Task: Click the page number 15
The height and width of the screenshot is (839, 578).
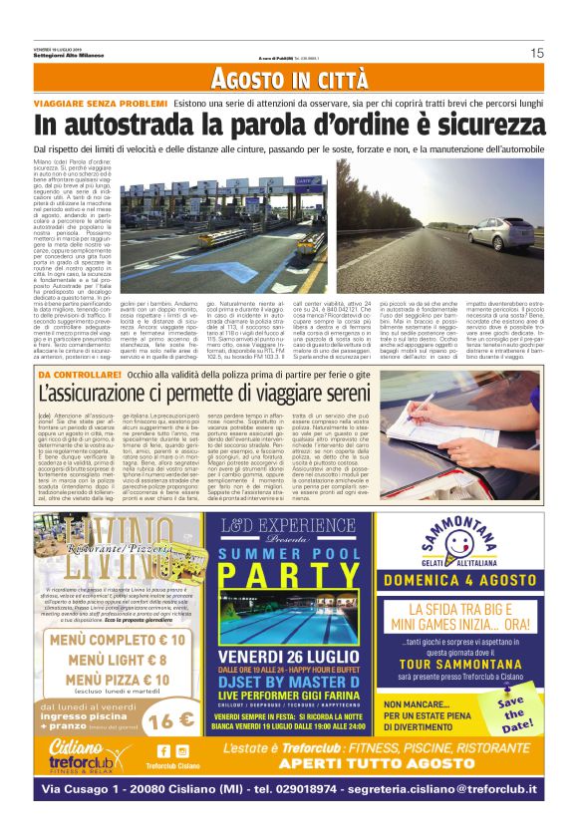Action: (x=536, y=53)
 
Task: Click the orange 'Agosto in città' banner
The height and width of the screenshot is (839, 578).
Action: (x=288, y=80)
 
